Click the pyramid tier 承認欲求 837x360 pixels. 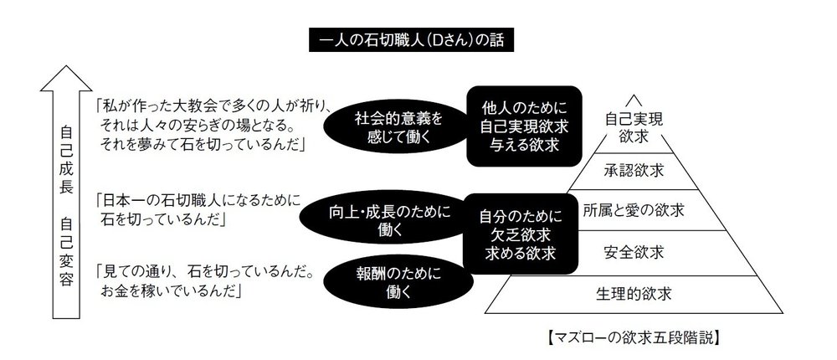[634, 171]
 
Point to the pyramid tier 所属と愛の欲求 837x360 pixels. [634, 210]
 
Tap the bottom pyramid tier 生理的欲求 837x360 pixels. [634, 294]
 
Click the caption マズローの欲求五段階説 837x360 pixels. [633, 338]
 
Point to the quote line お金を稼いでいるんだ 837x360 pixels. [171, 291]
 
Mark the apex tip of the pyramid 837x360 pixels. [634, 95]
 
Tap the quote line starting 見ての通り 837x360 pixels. [205, 272]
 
